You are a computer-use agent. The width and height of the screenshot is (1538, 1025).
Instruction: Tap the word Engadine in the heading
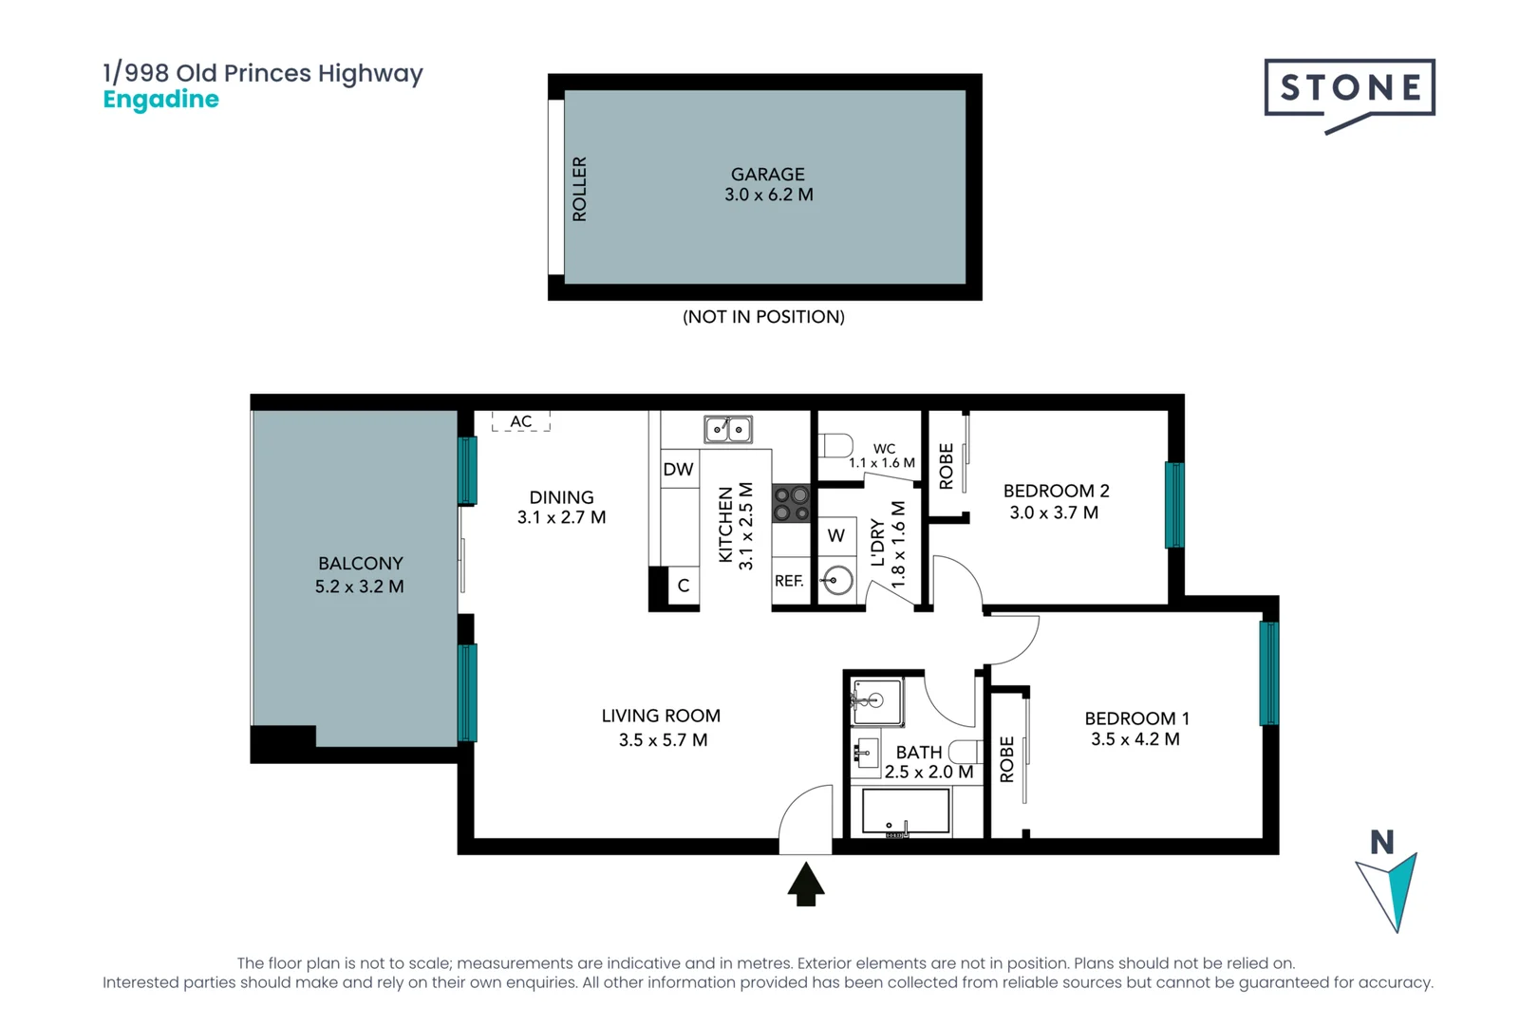pyautogui.click(x=160, y=100)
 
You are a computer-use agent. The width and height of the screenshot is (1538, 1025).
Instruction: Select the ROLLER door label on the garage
pyautogui.click(x=579, y=189)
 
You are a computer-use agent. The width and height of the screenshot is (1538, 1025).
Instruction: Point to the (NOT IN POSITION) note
pyautogui.click(x=763, y=317)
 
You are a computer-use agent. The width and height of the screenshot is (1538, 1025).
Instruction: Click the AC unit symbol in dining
pyautogui.click(x=520, y=421)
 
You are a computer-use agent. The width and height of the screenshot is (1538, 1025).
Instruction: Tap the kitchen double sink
pyautogui.click(x=728, y=429)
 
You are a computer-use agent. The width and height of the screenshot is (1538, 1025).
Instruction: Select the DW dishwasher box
pyautogui.click(x=678, y=469)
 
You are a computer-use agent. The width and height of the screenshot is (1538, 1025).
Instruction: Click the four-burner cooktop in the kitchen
pyautogui.click(x=791, y=503)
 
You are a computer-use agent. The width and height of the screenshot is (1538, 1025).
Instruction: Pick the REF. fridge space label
pyautogui.click(x=789, y=581)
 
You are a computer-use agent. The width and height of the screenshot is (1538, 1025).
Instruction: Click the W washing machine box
pyautogui.click(x=836, y=535)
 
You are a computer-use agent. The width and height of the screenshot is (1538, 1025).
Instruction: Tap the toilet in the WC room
pyautogui.click(x=836, y=444)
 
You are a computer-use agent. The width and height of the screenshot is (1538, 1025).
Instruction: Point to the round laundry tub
pyautogui.click(x=837, y=579)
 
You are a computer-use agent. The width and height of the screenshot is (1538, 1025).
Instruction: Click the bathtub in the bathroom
pyautogui.click(x=906, y=811)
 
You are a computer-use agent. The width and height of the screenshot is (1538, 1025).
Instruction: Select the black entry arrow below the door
pyautogui.click(x=806, y=884)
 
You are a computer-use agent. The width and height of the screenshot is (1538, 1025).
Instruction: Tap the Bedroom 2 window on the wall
pyautogui.click(x=1174, y=505)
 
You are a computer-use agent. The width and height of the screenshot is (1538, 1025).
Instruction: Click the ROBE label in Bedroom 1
pyautogui.click(x=1007, y=759)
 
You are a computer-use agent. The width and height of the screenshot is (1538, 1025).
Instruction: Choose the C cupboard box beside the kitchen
pyautogui.click(x=684, y=586)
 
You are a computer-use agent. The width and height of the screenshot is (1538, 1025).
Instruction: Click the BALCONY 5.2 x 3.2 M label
pyautogui.click(x=360, y=575)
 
